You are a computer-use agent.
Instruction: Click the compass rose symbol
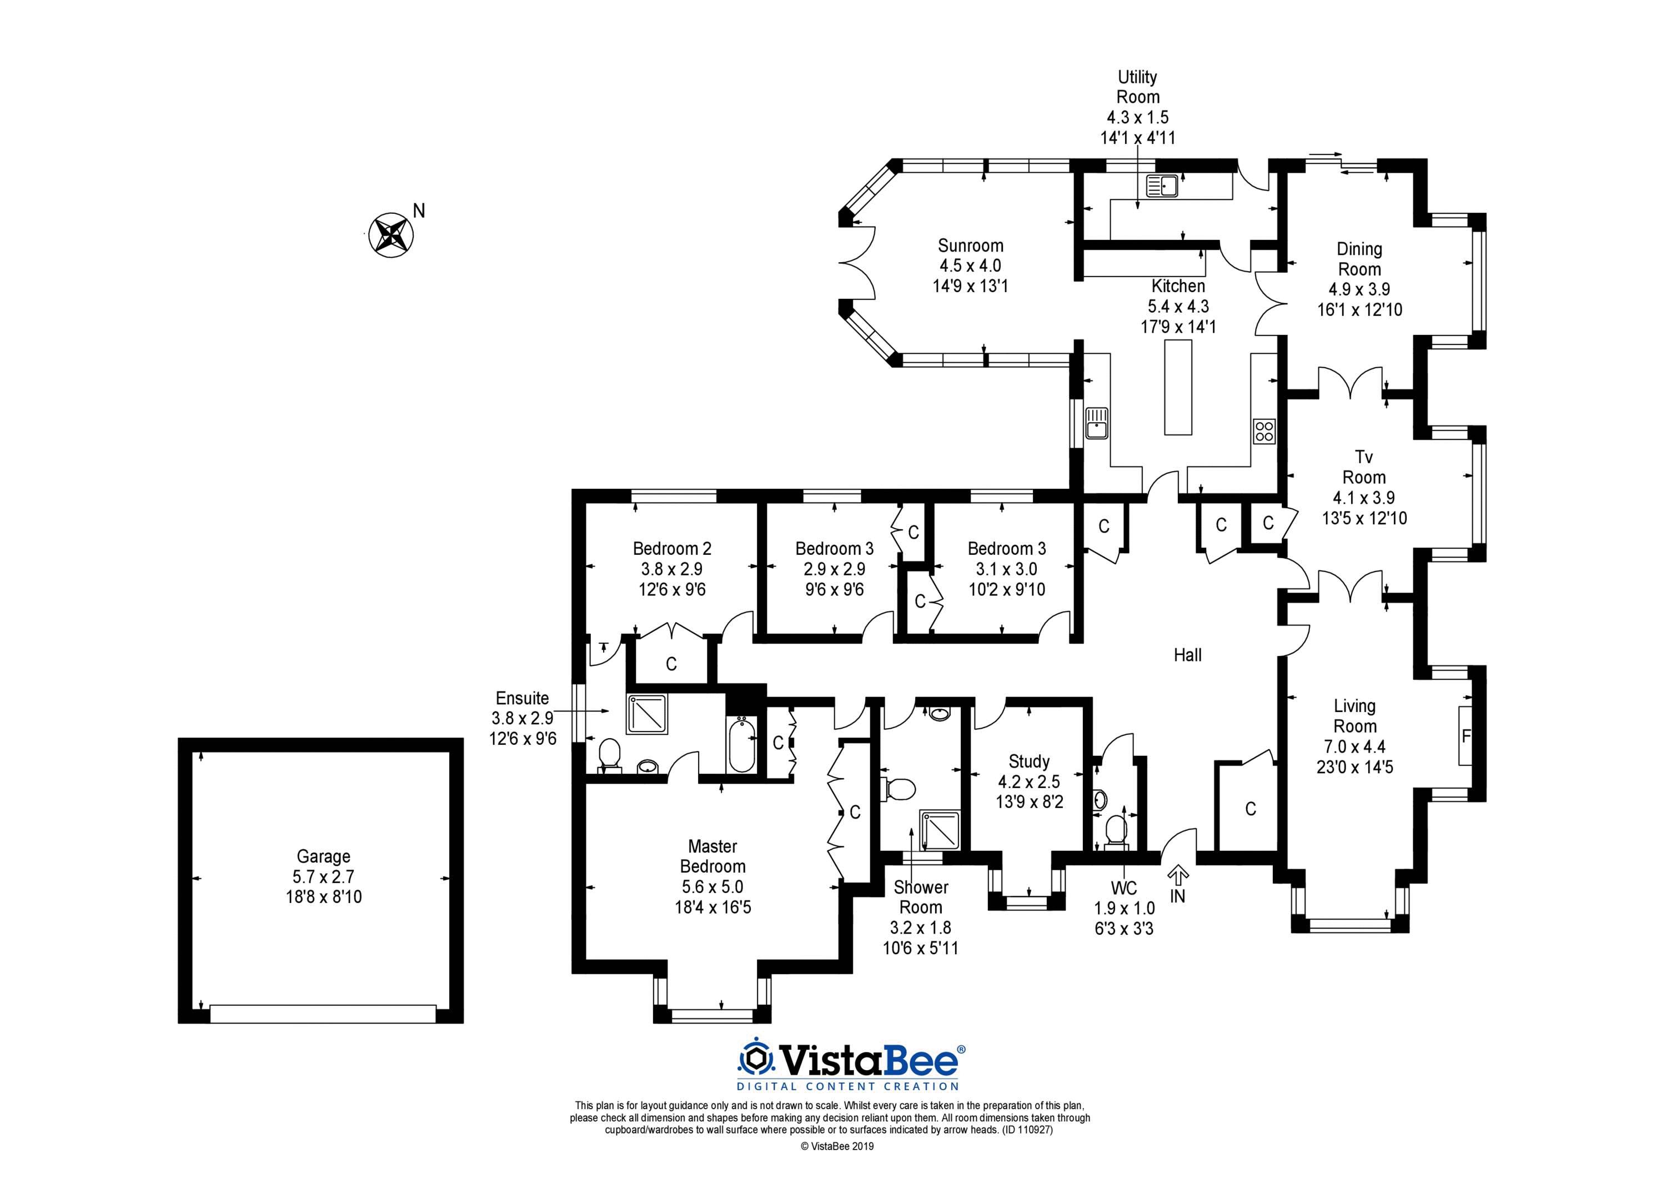tap(392, 234)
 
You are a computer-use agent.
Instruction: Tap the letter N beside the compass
tap(419, 210)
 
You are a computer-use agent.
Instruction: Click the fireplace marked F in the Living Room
tap(1466, 736)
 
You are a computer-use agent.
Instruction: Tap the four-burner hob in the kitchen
tap(1264, 431)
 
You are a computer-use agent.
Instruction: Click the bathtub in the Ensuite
tap(741, 745)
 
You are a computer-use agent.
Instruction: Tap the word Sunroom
tap(970, 245)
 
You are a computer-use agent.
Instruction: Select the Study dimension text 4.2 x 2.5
tap(1029, 781)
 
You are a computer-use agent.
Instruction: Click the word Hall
tap(1188, 655)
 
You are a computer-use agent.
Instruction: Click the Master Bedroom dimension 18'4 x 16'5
tap(712, 906)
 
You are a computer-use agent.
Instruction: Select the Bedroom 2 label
tap(672, 549)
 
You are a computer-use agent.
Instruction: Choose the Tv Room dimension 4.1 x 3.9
tap(1364, 497)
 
